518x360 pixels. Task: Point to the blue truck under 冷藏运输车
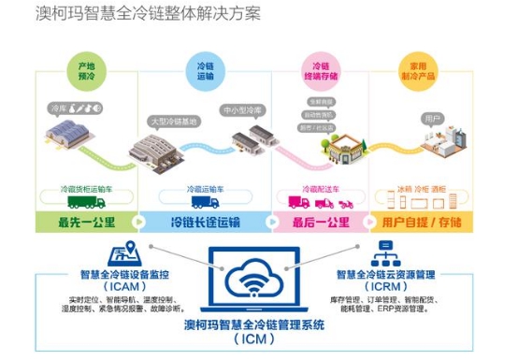coord(205,201)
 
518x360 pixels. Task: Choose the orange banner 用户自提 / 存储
coord(425,223)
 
